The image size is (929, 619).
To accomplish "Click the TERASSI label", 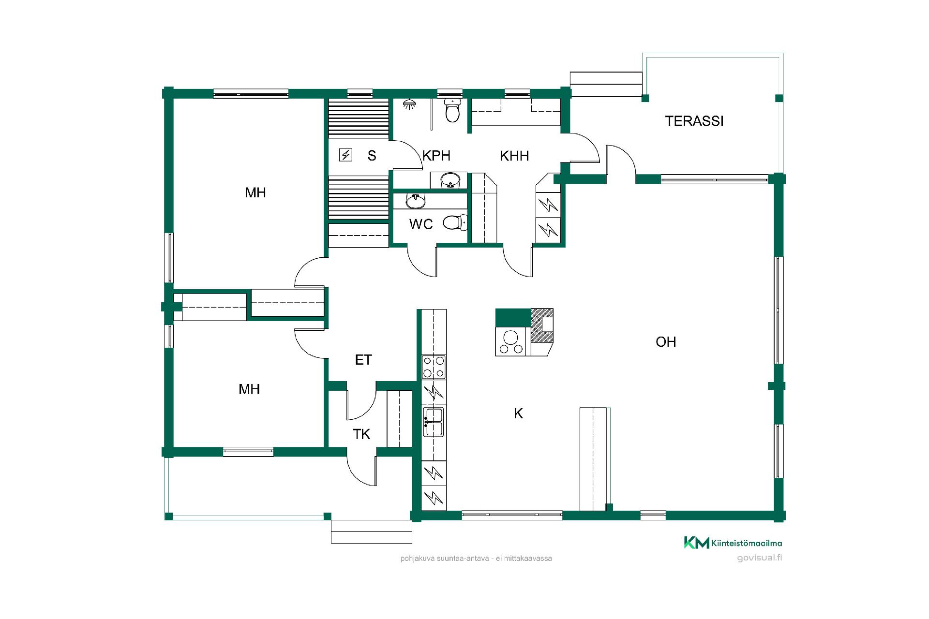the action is (x=694, y=121).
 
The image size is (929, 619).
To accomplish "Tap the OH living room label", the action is (x=666, y=342).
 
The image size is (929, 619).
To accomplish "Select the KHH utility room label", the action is (x=514, y=156).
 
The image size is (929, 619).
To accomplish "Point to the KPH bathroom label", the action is (x=436, y=156).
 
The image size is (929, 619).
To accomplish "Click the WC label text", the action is (x=421, y=224).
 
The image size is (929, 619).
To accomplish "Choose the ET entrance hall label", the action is (x=363, y=360).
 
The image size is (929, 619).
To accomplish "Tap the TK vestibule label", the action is (x=361, y=434).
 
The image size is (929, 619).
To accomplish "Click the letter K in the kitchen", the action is (x=518, y=413).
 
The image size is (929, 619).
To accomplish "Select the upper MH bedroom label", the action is (x=255, y=193).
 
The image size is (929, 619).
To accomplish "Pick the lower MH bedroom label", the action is (x=249, y=389).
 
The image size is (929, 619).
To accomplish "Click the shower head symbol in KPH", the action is (x=410, y=104).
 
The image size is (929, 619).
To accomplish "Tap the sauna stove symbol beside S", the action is (x=345, y=155).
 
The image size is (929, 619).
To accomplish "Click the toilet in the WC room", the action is (x=455, y=223).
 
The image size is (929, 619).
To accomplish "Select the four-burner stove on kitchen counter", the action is (x=434, y=367).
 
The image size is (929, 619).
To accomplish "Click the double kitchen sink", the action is (x=434, y=422).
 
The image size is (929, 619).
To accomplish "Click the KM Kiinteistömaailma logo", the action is (x=733, y=543).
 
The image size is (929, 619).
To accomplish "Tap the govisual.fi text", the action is (x=760, y=558).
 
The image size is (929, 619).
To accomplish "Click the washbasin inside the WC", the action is (x=416, y=201).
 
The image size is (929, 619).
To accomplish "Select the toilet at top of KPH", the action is (x=453, y=110).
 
